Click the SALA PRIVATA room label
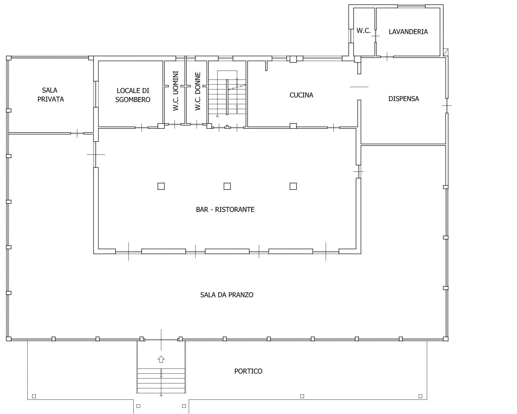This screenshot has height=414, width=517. pos(51,95)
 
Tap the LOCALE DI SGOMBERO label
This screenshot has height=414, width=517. pos(133,95)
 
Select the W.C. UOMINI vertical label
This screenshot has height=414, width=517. pos(176,91)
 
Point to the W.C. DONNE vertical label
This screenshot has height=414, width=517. pos(198,92)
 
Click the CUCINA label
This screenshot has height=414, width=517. pos(301,95)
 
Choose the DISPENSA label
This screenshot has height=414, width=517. pos(404,99)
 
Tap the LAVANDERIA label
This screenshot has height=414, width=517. pos(408,32)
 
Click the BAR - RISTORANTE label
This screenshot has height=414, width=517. pos(225,209)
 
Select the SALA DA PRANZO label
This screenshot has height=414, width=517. pos(227,295)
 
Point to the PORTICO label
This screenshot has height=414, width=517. pos(248,371)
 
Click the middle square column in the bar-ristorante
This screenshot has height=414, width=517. pos(227,186)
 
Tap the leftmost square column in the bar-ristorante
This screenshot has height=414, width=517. pos(161,186)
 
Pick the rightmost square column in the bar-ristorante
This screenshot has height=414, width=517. pos(293,186)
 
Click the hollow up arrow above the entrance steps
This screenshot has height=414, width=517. pos(161,359)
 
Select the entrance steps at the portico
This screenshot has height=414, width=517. pos(161,381)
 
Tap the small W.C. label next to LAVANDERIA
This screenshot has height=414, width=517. pos(363,31)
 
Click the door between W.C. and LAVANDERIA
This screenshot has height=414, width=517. pos(375,36)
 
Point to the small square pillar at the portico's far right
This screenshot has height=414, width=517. pos(420,396)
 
